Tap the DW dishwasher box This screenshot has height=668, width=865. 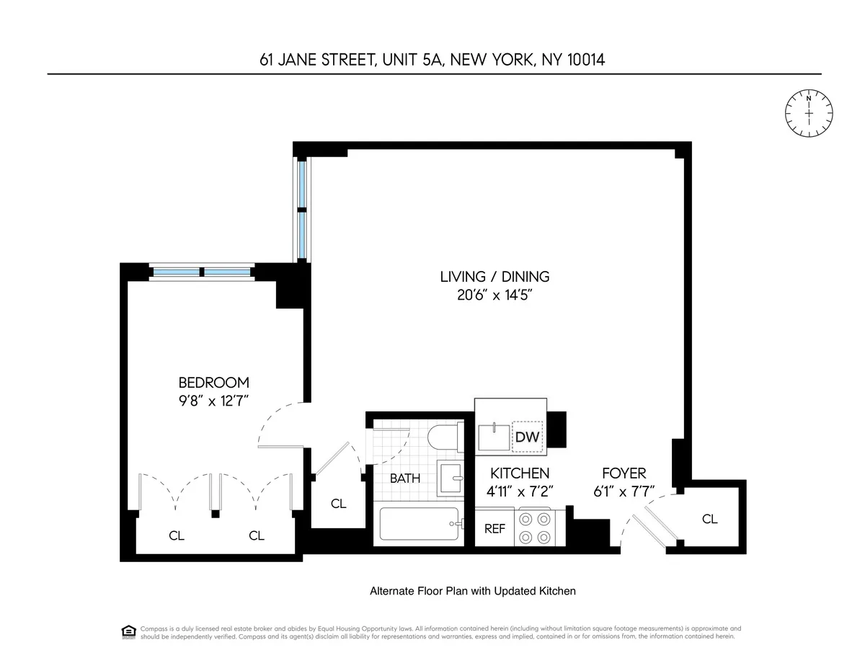(527, 437)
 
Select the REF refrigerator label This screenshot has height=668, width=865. (494, 528)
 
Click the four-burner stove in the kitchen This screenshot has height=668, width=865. (535, 527)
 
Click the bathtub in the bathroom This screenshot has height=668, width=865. (418, 525)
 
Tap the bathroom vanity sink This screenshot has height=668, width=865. (453, 476)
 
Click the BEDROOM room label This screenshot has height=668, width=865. (213, 383)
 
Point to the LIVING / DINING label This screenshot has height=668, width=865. (494, 276)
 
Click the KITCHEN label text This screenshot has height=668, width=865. (520, 473)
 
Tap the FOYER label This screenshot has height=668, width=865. (624, 473)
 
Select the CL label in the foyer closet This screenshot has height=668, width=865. (710, 519)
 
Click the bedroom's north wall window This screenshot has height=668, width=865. (202, 272)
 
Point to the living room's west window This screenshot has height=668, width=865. (302, 209)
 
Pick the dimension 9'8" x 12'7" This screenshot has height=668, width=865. (213, 401)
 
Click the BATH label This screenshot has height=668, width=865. (405, 478)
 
